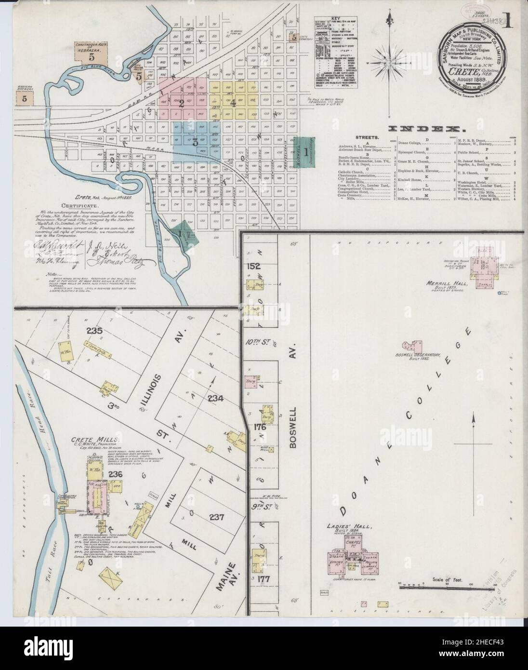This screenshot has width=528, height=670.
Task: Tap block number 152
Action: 253,266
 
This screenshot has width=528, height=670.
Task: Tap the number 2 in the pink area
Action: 181,102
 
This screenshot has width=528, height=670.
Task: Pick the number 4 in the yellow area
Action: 233,102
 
